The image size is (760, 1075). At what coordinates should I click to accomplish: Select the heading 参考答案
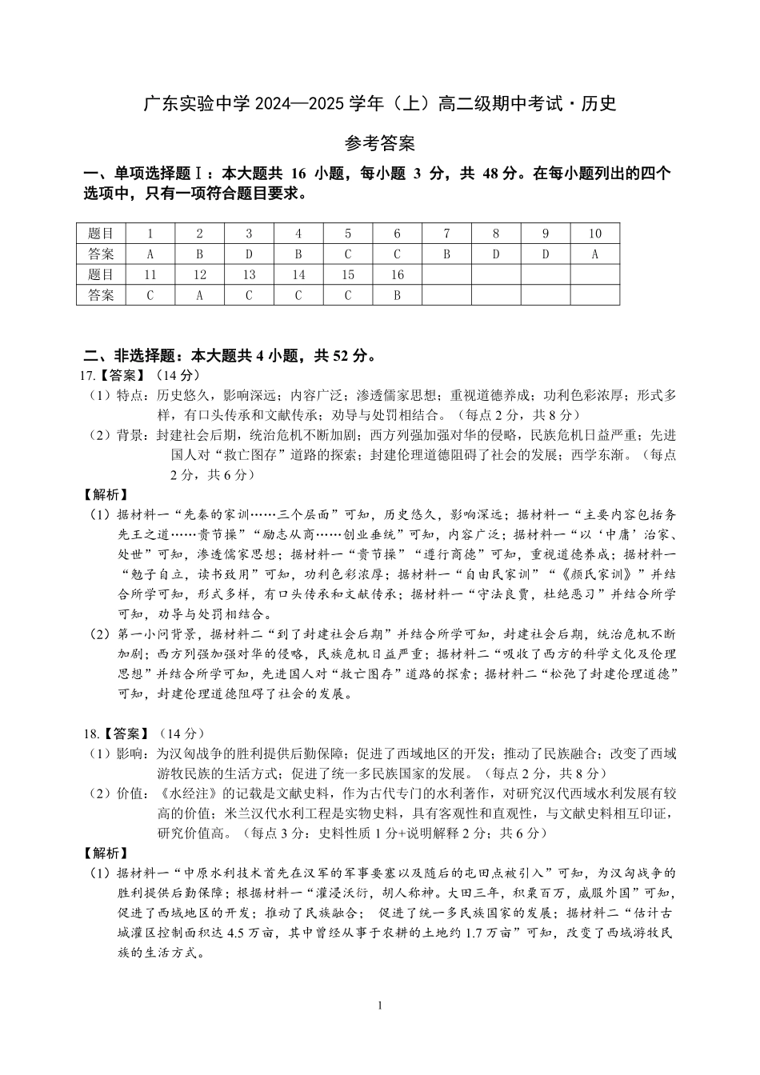click(379, 144)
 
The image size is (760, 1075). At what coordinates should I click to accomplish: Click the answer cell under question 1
click(150, 254)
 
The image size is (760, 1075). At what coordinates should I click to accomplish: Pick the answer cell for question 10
click(595, 254)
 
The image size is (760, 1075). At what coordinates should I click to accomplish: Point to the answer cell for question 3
click(249, 254)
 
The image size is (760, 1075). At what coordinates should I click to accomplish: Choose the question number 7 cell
click(446, 234)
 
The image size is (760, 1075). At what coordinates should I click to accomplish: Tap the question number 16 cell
click(397, 275)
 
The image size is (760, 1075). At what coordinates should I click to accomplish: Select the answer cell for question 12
click(200, 295)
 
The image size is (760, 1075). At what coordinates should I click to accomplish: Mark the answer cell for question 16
click(397, 295)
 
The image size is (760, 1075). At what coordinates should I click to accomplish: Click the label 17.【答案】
click(112, 375)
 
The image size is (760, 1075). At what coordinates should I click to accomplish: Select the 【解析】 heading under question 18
click(106, 853)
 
